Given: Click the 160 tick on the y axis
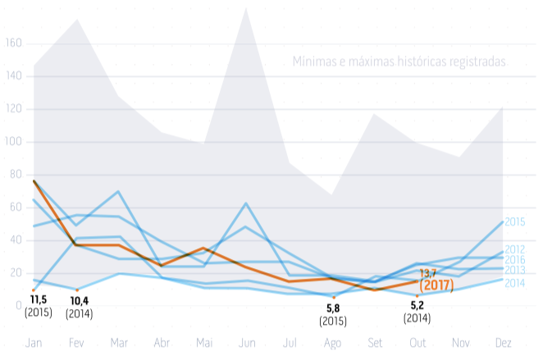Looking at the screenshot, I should (x=14, y=43).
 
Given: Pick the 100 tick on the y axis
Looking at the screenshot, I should (x=14, y=142).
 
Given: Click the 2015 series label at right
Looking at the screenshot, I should (x=515, y=221).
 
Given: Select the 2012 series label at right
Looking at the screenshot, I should (x=515, y=249).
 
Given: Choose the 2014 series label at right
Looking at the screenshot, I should (x=515, y=283).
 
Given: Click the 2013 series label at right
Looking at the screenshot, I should (x=515, y=270).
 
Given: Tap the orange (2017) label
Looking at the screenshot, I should (x=436, y=285).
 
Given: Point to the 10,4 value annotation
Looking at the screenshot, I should (x=80, y=301).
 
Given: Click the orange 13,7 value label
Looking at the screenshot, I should (x=428, y=272).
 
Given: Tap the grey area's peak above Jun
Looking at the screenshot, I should (x=247, y=7).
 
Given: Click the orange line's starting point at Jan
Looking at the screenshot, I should (x=34, y=181).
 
